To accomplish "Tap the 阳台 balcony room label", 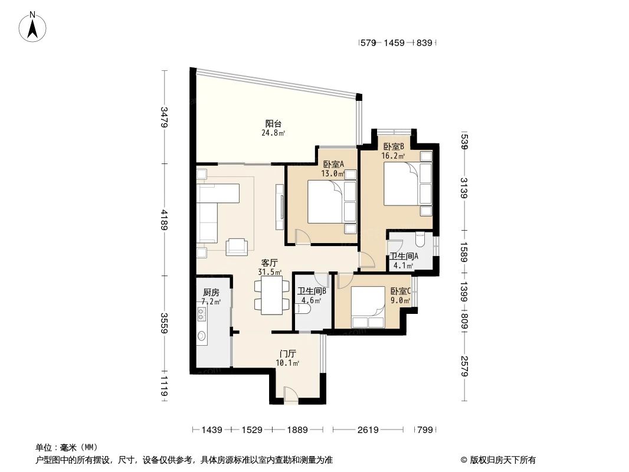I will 273,124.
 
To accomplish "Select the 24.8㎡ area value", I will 273,133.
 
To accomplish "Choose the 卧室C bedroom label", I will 400,291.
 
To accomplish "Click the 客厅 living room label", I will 270,263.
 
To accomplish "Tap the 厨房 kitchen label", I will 211,293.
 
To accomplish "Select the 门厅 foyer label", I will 288,353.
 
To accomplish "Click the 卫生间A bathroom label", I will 404,257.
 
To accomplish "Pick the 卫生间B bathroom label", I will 312,291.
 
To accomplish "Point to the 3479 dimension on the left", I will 165,117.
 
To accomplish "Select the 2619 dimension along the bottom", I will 367,430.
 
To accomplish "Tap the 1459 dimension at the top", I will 394,42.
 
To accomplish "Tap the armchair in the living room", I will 237,247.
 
